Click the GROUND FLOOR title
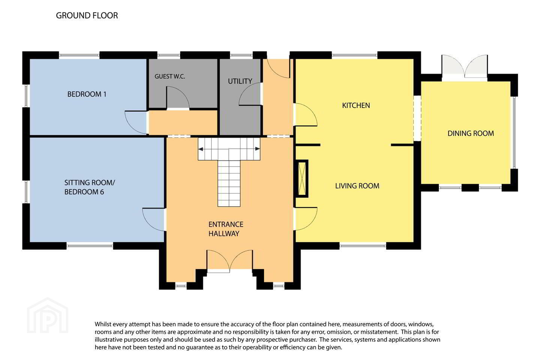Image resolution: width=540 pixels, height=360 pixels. coord(87,15)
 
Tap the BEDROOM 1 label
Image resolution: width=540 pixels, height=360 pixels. coord(87,94)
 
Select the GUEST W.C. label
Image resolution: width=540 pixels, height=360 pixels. coord(170,76)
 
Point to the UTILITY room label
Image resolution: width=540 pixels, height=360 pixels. coord(240,81)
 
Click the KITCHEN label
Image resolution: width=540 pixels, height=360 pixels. coord(356,105)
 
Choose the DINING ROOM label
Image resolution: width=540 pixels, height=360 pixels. coord(471,133)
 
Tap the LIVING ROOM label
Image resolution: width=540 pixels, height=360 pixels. coord(357,186)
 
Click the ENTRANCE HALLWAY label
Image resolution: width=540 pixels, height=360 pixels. coord(226,229)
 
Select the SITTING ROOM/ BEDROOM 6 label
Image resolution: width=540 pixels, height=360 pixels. coord(90,187)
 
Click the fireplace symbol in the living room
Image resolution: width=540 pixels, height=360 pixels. coord(302,178)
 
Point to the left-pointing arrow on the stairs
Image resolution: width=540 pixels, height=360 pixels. coord(201,149)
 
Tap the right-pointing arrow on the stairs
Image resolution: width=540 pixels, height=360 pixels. coord(258,149)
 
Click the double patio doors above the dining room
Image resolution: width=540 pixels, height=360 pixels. coord(465,66)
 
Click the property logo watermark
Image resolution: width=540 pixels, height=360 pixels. coord(48,315)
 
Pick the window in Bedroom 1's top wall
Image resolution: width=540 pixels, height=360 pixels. coord(79,55)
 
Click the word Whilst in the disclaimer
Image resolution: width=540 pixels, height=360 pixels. coord(102,324)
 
